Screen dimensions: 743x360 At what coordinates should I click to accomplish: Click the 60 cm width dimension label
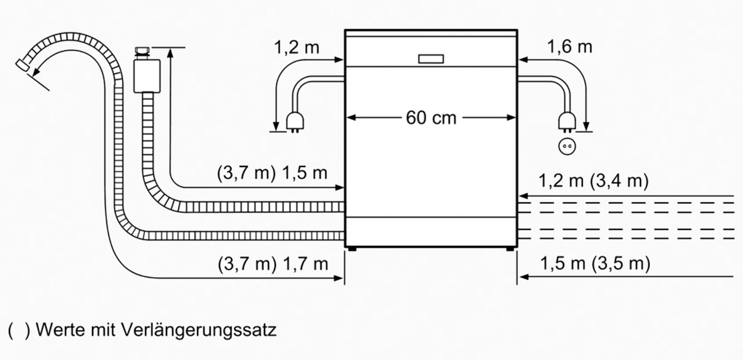431,118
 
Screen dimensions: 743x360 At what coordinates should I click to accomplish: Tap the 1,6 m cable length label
570,47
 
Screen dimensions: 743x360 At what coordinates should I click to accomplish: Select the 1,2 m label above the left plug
297,47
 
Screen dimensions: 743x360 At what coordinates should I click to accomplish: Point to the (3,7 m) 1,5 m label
272,173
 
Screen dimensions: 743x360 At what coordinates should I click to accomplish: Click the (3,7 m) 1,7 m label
272,264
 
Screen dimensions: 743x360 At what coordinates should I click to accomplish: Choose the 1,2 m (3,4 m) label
593,181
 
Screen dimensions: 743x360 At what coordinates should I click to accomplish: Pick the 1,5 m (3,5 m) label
595,263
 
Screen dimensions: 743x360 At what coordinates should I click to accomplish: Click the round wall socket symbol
567,146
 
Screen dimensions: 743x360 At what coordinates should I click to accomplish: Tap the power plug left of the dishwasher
295,122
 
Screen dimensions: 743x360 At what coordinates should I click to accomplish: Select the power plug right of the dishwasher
567,122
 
